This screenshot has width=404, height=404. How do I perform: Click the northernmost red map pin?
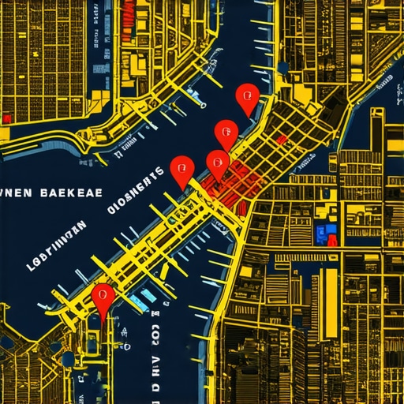248,98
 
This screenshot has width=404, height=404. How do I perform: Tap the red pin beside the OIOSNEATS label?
182,169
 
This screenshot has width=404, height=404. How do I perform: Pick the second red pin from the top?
226,132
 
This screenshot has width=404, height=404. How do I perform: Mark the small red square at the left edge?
6,118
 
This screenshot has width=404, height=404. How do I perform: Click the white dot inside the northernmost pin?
248,96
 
